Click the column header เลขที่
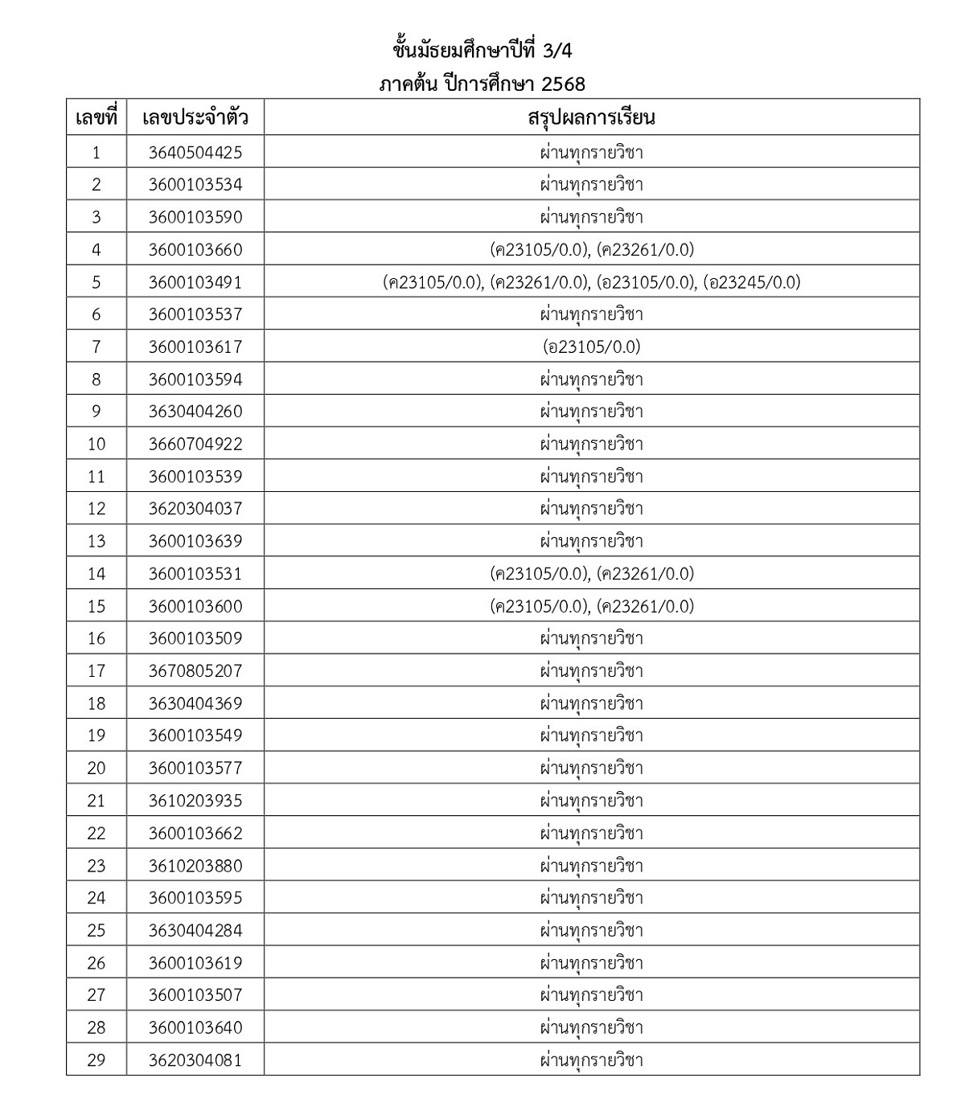(96, 118)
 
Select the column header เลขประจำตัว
(195, 118)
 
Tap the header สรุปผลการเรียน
(592, 118)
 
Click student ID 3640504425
(195, 152)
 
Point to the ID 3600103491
(195, 282)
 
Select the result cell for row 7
(592, 346)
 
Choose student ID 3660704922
(195, 444)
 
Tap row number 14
(96, 573)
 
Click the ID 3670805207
(195, 670)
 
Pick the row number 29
(96, 1060)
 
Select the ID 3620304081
(195, 1060)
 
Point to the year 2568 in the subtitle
(563, 84)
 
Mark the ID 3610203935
(195, 800)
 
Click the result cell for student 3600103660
(592, 249)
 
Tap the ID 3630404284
(195, 930)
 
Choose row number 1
(96, 152)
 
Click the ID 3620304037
(195, 508)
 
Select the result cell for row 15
(592, 606)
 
